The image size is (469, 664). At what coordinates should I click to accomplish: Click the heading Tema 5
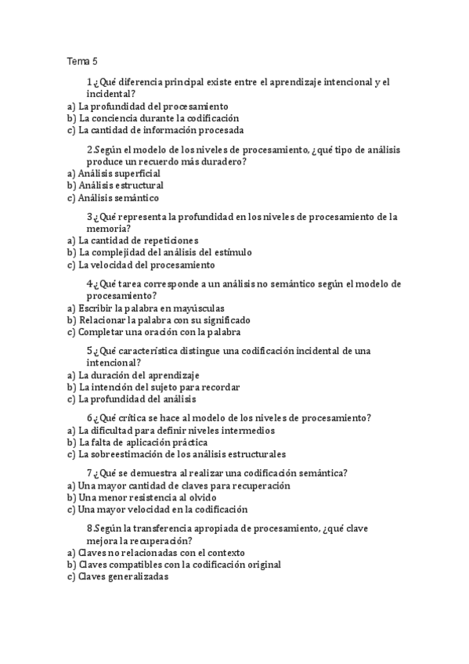(82, 60)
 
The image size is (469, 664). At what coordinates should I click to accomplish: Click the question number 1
(89, 81)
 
